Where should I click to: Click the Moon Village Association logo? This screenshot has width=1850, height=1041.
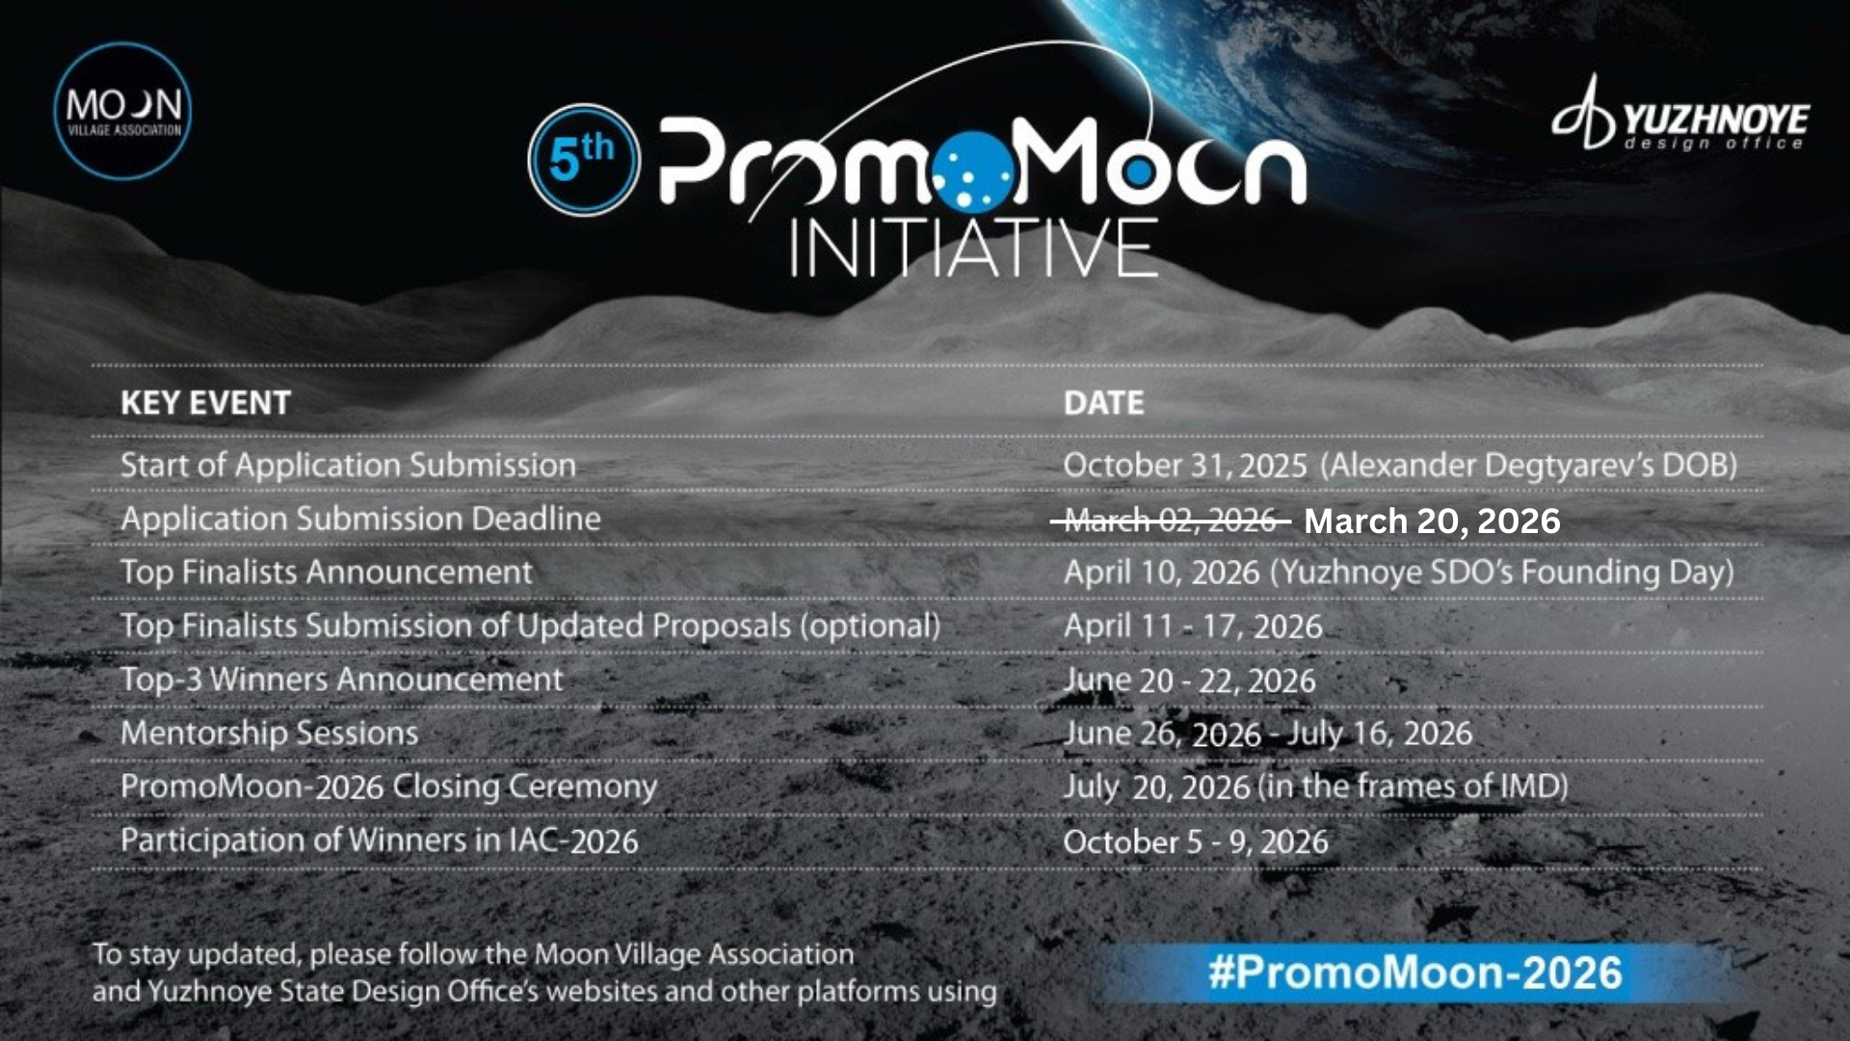click(x=122, y=111)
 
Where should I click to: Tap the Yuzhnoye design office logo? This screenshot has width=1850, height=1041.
click(x=1680, y=114)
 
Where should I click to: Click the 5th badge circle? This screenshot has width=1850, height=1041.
click(x=584, y=159)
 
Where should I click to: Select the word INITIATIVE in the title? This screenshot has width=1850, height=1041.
click(x=973, y=248)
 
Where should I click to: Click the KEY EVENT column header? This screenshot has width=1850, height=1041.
click(x=205, y=403)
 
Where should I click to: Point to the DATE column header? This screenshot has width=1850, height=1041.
click(x=1104, y=403)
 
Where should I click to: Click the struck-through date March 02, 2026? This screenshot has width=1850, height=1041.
click(x=1171, y=521)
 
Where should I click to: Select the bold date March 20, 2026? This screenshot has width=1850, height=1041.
click(x=1432, y=521)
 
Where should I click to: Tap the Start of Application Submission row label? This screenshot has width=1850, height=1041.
click(x=348, y=466)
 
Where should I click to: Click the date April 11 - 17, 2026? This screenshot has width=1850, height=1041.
click(x=1193, y=627)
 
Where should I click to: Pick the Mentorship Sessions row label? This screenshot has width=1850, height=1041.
click(x=270, y=734)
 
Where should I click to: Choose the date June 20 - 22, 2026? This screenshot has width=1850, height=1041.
click(x=1190, y=681)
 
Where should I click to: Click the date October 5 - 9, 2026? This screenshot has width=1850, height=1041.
click(x=1196, y=841)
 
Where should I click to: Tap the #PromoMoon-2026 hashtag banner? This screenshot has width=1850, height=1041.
click(x=1416, y=973)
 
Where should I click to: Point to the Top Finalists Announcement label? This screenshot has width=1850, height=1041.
click(x=327, y=573)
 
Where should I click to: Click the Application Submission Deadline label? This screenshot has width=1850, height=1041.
click(x=360, y=519)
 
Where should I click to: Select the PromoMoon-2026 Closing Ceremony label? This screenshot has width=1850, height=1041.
click(x=388, y=787)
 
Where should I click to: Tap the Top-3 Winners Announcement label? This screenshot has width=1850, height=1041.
click(x=341, y=680)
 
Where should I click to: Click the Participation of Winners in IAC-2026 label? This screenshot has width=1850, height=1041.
click(x=379, y=841)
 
